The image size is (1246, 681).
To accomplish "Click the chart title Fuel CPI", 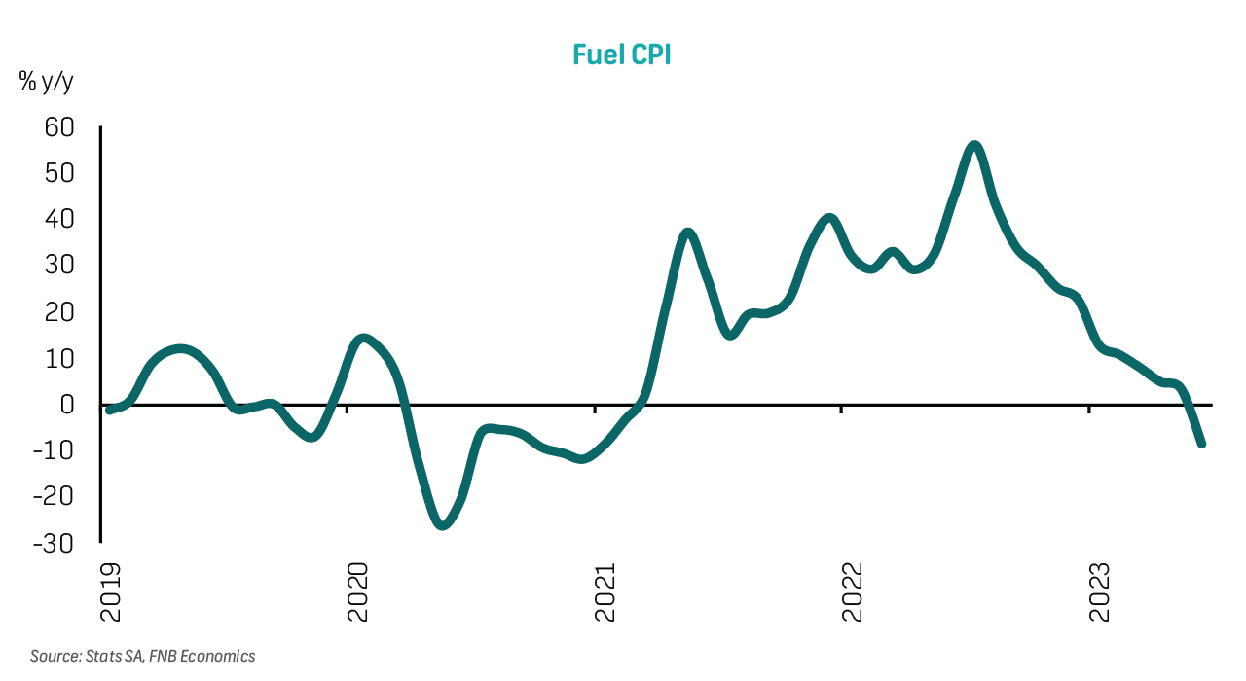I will point(622,54).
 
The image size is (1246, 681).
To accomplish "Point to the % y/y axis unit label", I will point(46,82).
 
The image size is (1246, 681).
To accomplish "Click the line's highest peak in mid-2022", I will point(974,146).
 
